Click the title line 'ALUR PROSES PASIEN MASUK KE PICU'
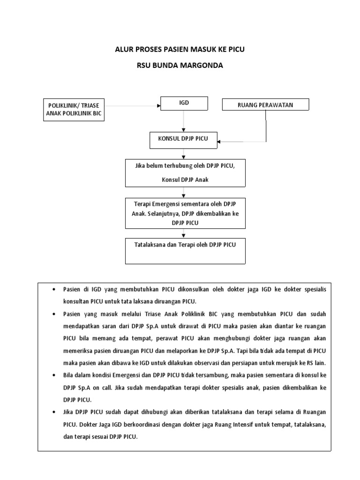pyautogui.click(x=180, y=49)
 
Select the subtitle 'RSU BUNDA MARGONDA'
pyautogui.click(x=180, y=66)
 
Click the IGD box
pyautogui.click(x=184, y=104)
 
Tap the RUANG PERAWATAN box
pyautogui.click(x=265, y=105)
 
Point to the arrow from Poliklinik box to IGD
pyautogui.click(x=131, y=105)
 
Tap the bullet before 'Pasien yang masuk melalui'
pyautogui.click(x=54, y=314)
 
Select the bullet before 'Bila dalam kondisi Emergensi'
pyautogui.click(x=54, y=375)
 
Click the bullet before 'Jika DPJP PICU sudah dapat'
pyautogui.click(x=54, y=412)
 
